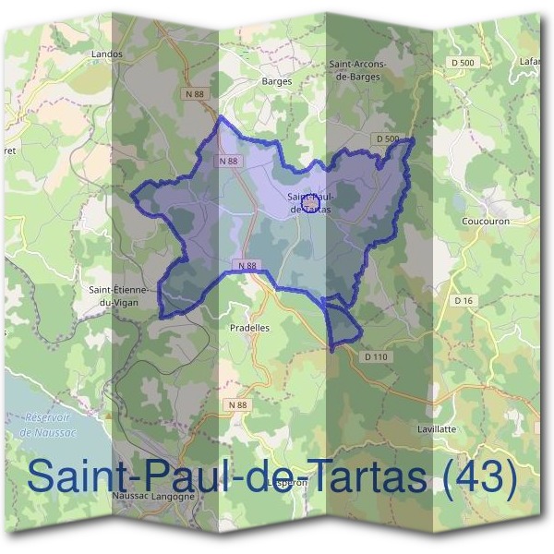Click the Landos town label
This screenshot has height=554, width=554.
tap(107, 54)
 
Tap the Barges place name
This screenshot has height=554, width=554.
tap(277, 81)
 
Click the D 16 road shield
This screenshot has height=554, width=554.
tap(464, 301)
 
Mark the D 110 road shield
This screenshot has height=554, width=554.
tap(375, 356)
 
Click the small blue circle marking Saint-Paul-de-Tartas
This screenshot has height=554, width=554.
tap(320, 204)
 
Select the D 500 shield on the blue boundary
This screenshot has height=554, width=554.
tap(388, 139)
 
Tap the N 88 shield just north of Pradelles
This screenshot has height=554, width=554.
tap(245, 266)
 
